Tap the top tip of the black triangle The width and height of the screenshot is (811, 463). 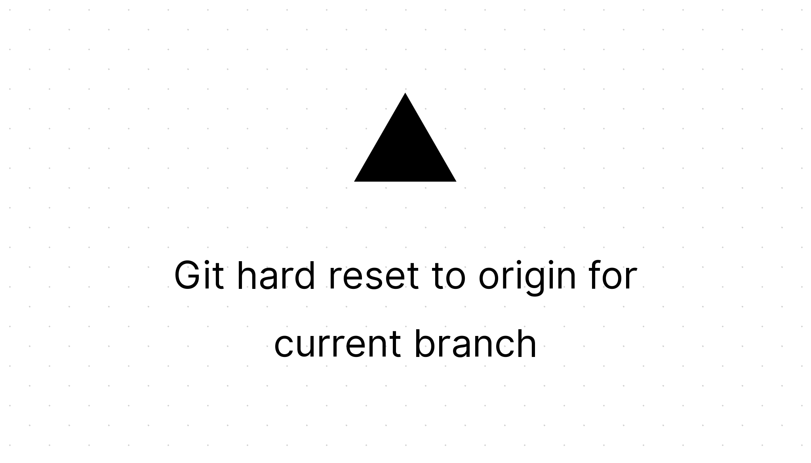click(x=405, y=93)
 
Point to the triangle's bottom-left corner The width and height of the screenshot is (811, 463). click(x=354, y=181)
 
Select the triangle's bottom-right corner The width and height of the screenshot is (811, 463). click(x=456, y=181)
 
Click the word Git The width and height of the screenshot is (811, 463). click(x=199, y=275)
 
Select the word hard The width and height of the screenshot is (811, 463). click(x=276, y=275)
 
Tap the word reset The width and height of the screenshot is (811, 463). click(x=373, y=277)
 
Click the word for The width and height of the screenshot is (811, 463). click(x=613, y=275)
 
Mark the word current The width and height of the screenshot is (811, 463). click(x=337, y=344)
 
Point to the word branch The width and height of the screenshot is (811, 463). click(x=475, y=343)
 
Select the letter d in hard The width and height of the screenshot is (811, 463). click(x=303, y=275)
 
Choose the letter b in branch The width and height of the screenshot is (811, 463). click(x=426, y=343)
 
